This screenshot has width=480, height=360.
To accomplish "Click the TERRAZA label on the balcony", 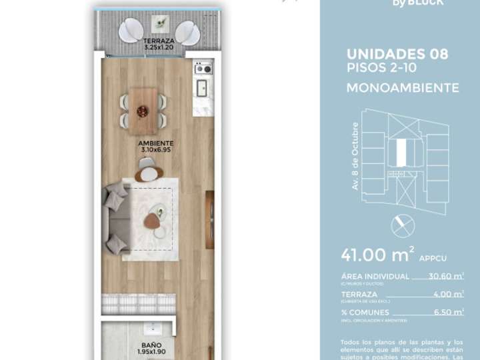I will (159, 41).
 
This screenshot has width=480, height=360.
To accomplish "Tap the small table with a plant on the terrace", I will (159, 25).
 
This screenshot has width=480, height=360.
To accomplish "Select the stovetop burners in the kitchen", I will (203, 68).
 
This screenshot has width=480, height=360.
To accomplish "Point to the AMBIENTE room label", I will (156, 143).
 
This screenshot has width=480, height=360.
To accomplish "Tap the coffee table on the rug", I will (155, 215).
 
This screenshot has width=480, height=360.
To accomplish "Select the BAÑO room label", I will (151, 345).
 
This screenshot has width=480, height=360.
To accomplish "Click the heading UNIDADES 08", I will (397, 54).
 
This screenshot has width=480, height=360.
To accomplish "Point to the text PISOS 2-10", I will (376, 67).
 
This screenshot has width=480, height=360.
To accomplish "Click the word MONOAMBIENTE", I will (402, 87).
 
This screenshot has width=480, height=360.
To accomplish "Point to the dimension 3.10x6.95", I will (156, 150).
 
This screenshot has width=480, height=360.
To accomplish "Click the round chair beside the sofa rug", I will (149, 173).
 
